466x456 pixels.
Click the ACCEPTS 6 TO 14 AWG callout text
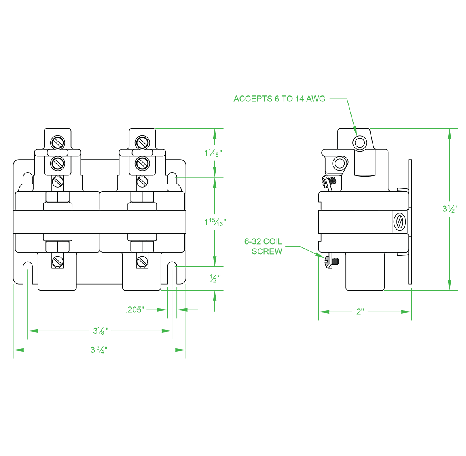[x=279, y=99]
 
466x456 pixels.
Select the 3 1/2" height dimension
[x=450, y=209]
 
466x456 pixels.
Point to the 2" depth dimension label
[x=360, y=312]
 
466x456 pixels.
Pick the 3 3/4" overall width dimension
[x=99, y=350]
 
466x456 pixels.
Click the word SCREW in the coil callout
[x=267, y=252]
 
